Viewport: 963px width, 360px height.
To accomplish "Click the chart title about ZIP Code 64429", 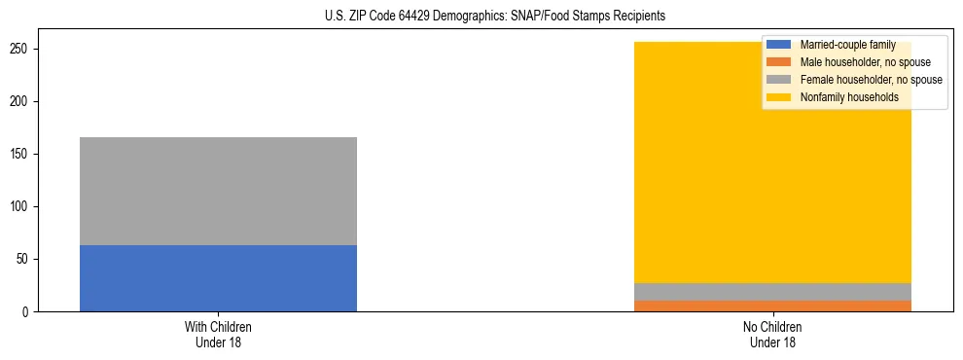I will point(495,17).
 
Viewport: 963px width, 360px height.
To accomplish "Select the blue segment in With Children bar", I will point(218,278).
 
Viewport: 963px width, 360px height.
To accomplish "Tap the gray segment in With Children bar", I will point(218,191).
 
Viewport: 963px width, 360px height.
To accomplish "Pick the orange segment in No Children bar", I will point(772,306).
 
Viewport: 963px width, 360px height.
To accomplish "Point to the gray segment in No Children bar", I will point(772,292).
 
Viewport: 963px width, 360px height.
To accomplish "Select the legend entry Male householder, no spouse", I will point(864,62).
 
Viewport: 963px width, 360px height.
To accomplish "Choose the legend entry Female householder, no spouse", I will point(871,80).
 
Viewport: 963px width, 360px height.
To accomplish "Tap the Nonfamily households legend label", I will point(849,97).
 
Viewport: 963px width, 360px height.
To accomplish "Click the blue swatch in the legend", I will point(779,45).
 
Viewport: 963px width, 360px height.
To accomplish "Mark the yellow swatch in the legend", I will point(779,97).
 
